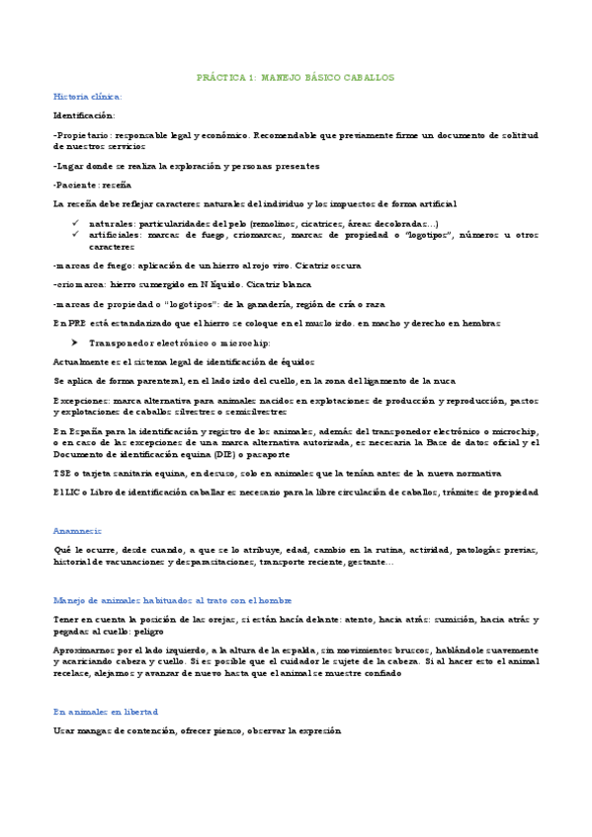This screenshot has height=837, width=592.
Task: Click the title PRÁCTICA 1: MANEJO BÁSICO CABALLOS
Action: pos(296,76)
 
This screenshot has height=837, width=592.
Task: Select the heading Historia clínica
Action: pos(87,96)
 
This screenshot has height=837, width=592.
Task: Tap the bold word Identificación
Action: pos(83,115)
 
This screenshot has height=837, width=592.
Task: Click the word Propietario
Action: pos(83,134)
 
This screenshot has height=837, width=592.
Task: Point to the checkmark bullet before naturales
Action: pos(76,224)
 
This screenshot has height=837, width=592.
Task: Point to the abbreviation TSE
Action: pos(60,474)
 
